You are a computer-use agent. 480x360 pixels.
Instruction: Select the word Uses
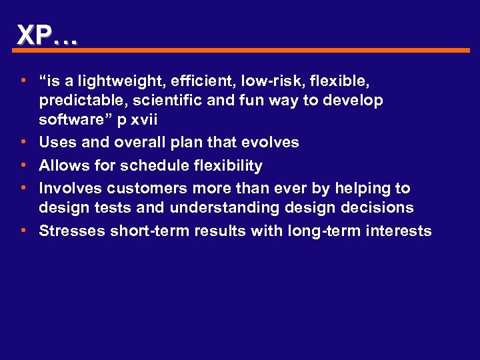[57, 142]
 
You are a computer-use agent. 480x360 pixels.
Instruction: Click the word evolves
[270, 142]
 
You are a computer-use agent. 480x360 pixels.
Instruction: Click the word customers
[147, 188]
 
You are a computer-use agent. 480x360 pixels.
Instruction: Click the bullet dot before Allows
[23, 164]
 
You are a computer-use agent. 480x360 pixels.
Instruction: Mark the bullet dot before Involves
[23, 187]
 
